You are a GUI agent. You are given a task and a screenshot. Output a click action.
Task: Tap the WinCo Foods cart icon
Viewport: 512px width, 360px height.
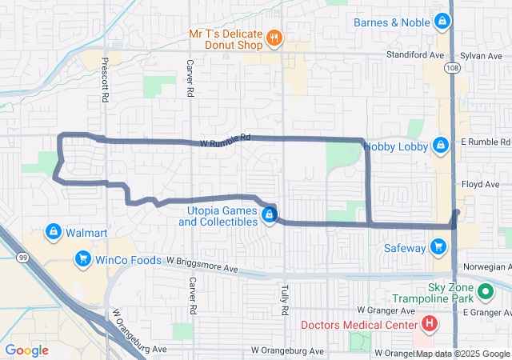coord(82,258)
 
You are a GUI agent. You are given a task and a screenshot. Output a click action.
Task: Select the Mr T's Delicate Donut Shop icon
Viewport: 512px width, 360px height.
coord(274,37)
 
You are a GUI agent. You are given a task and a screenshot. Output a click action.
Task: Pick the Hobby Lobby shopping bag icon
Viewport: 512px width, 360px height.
coord(439,146)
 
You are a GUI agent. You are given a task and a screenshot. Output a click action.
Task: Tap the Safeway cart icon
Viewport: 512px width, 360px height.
coord(438,247)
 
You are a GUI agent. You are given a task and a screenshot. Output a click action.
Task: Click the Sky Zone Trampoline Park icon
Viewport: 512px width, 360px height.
coord(485,290)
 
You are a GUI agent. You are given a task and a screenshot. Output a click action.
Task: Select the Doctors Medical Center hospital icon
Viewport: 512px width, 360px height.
coord(430,324)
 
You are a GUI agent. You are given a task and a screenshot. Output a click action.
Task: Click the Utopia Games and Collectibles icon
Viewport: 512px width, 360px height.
coord(270,215)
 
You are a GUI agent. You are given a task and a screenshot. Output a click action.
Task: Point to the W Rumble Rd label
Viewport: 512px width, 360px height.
coord(226,138)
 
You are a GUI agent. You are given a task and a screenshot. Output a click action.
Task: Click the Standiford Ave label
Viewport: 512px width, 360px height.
coord(415,56)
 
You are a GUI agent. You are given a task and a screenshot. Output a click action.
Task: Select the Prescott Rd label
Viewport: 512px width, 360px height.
coord(105,79)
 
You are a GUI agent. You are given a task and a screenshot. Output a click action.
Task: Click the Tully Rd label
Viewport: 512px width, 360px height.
coord(284,297)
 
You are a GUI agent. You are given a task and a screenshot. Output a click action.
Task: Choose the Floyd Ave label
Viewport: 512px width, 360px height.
coord(480,184)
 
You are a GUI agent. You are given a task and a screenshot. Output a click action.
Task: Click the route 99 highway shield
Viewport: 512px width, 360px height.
coord(22,257)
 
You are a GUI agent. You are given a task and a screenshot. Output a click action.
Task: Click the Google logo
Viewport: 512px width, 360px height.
coord(27,350)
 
